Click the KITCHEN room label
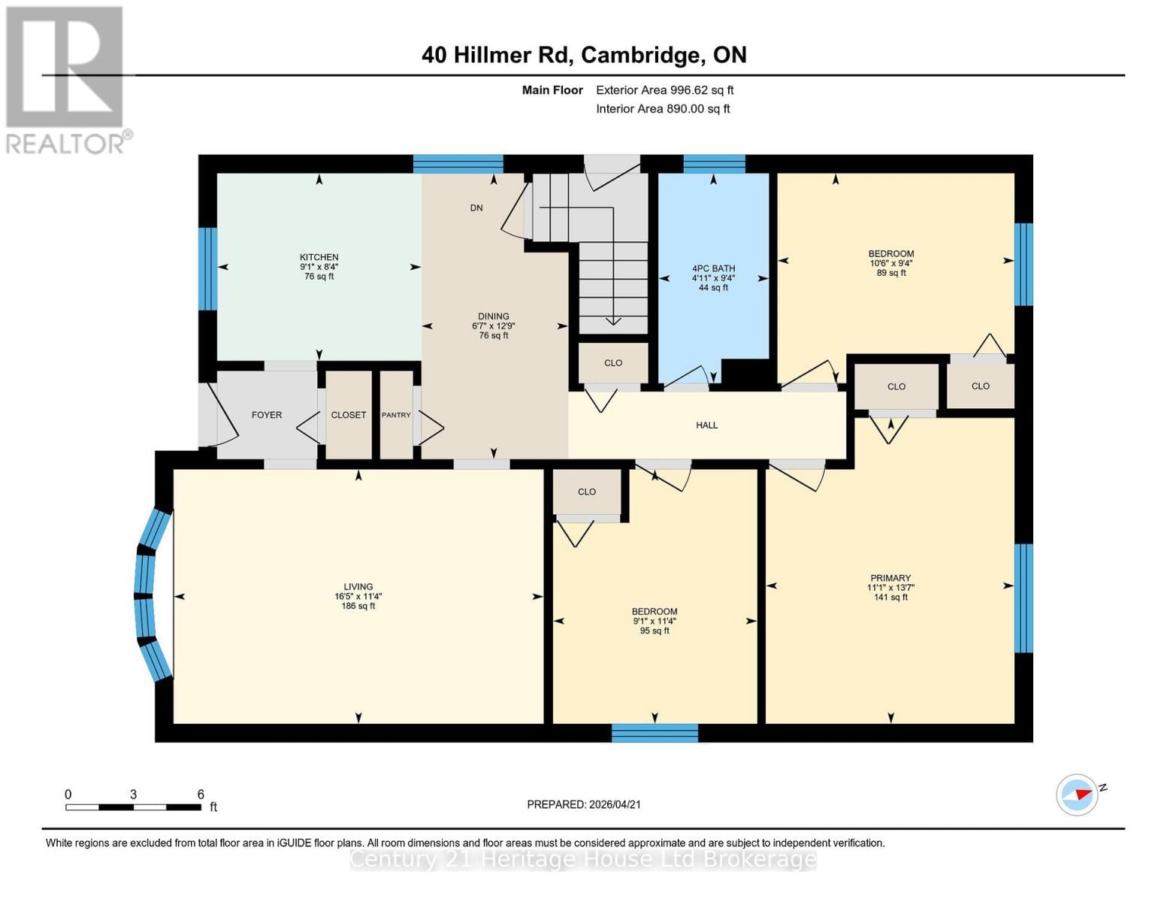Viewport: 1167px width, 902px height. pyautogui.click(x=319, y=257)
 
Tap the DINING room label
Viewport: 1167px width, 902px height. pyautogui.click(x=493, y=316)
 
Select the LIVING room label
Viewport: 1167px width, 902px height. pyautogui.click(x=358, y=587)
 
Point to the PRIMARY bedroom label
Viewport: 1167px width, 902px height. pyautogui.click(x=890, y=578)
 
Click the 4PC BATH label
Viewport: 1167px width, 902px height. pyautogui.click(x=713, y=268)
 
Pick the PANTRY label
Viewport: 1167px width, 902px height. pyautogui.click(x=396, y=415)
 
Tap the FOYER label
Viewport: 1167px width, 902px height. pyautogui.click(x=266, y=415)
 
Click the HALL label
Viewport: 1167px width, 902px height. pyautogui.click(x=706, y=425)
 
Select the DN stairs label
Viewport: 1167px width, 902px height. pyautogui.click(x=476, y=208)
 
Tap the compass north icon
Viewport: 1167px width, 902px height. pyautogui.click(x=1078, y=795)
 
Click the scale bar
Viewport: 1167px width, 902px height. pyautogui.click(x=133, y=807)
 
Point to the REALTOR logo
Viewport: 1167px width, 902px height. pyautogui.click(x=65, y=79)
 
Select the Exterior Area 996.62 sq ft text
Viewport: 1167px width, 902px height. pyautogui.click(x=664, y=90)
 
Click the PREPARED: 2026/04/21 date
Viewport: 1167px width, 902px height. pyautogui.click(x=583, y=804)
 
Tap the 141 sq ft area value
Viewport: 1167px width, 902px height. pyautogui.click(x=890, y=598)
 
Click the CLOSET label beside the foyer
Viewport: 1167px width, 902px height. pyautogui.click(x=349, y=415)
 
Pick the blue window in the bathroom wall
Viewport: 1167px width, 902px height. pyautogui.click(x=713, y=163)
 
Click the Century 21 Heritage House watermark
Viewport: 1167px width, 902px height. pyautogui.click(x=583, y=859)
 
